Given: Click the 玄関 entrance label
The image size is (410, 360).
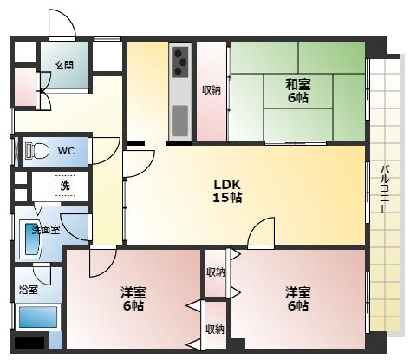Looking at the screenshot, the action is pyautogui.click(x=64, y=65).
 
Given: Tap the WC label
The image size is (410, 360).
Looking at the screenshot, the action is pyautogui.click(x=66, y=151).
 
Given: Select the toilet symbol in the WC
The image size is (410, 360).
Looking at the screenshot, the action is pyautogui.click(x=36, y=151).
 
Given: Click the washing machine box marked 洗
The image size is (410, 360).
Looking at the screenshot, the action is pyautogui.click(x=65, y=186).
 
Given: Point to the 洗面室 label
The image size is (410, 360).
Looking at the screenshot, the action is pyautogui.click(x=46, y=230).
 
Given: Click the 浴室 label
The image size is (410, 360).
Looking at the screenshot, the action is pyautogui.click(x=29, y=290).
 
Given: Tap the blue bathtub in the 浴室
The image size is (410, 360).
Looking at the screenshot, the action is pyautogui.click(x=38, y=317).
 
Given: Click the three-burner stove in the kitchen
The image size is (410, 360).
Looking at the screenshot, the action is pyautogui.click(x=180, y=62).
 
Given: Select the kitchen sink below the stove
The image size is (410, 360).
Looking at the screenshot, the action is pyautogui.click(x=180, y=121).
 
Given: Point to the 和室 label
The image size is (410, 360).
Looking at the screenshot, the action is pyautogui.click(x=298, y=84).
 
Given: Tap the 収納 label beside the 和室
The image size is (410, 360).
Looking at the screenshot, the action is pyautogui.click(x=212, y=90).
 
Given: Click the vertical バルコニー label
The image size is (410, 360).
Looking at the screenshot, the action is pyautogui.click(x=385, y=188).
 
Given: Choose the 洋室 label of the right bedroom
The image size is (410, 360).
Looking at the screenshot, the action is pyautogui.click(x=298, y=292).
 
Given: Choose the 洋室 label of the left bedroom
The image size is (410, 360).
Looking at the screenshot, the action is pyautogui.click(x=133, y=292).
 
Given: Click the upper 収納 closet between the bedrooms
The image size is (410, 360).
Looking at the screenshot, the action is pyautogui.click(x=216, y=272).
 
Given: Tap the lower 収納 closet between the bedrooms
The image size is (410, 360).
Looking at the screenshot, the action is pyautogui.click(x=216, y=325).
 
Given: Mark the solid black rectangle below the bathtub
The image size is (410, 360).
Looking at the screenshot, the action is pyautogui.click(x=29, y=343).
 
